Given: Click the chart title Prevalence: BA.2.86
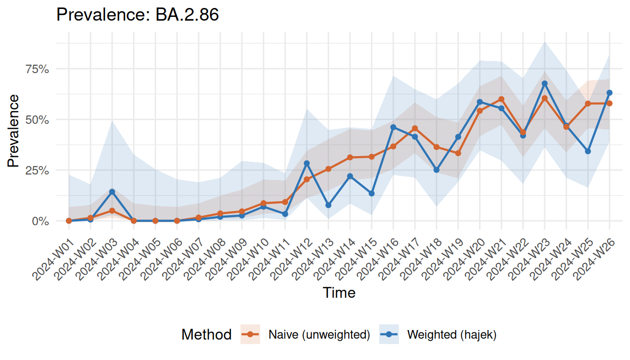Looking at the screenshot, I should click(137, 15).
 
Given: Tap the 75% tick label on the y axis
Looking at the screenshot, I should click(37, 69).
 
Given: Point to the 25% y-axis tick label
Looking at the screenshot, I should click(37, 170).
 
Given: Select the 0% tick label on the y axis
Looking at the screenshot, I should click(40, 221).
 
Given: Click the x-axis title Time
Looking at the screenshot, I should click(339, 293).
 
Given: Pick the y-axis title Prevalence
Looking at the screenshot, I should click(14, 131).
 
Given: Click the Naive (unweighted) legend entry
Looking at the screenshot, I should click(319, 335).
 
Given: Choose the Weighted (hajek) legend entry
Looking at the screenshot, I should click(451, 335).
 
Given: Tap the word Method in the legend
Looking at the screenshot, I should click(206, 335).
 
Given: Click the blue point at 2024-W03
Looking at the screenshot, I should click(112, 192).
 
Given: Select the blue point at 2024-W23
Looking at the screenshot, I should click(545, 83).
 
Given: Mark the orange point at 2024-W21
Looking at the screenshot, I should click(502, 99).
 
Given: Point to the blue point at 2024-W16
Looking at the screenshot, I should click(393, 127).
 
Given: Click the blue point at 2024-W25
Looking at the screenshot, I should click(588, 151).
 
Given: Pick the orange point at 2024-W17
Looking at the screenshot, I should click(415, 128).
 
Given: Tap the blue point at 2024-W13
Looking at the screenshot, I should click(329, 205).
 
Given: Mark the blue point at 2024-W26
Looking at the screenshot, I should click(609, 93).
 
